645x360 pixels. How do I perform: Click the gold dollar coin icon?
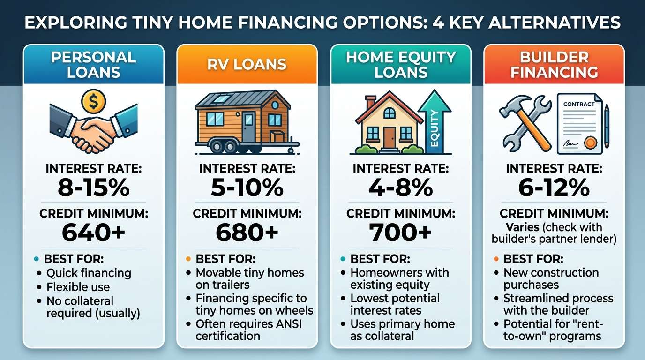93,101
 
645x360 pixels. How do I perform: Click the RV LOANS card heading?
247,64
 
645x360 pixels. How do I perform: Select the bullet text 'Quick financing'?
89,273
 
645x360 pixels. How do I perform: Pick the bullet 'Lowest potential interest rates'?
395,304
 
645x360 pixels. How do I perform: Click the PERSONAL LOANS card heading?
93,65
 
